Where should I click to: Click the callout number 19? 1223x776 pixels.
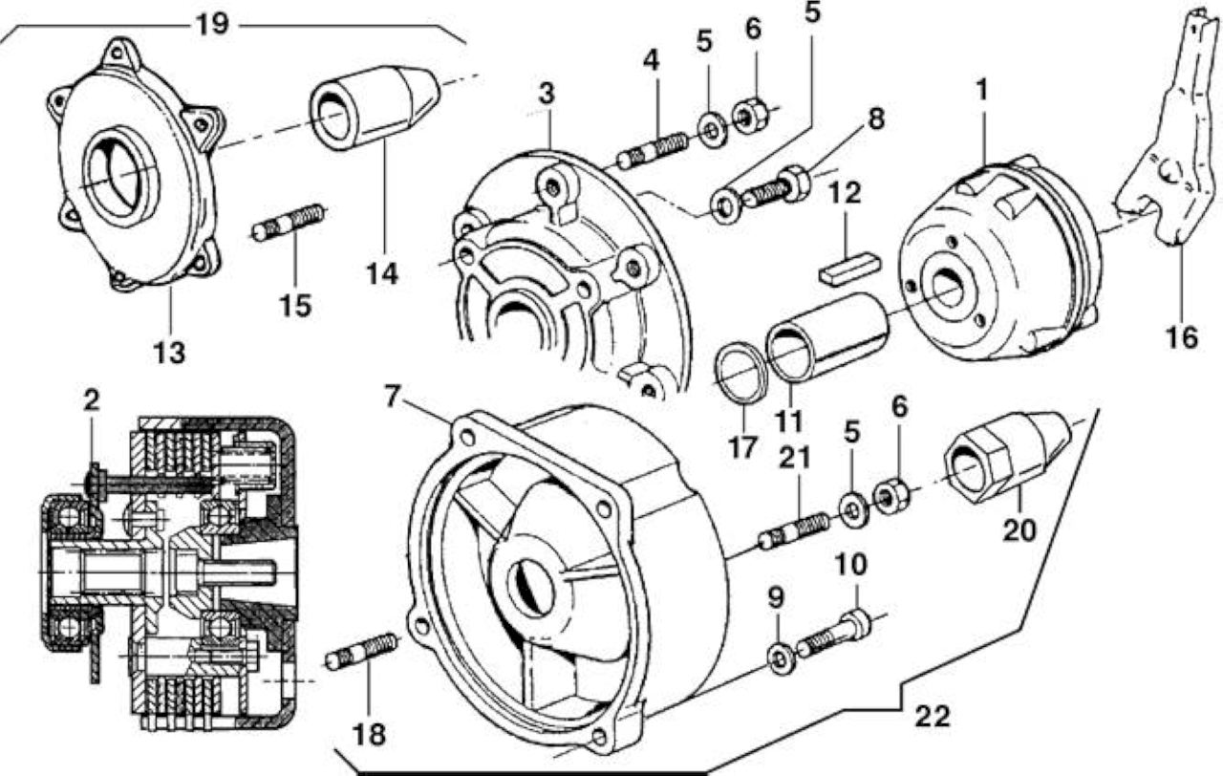[x=212, y=25]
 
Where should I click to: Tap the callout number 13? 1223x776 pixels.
[x=169, y=353]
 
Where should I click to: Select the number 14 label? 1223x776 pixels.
[x=381, y=273]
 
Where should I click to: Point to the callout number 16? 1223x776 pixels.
[x=1182, y=337]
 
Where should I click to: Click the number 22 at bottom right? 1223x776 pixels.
[x=933, y=717]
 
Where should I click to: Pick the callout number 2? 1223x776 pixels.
[x=91, y=400]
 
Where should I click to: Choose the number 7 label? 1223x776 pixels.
[x=392, y=396]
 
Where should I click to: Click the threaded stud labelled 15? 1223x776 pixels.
[x=289, y=223]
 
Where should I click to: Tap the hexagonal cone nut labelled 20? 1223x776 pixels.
[x=1006, y=457]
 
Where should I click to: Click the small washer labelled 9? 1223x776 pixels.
[x=781, y=660]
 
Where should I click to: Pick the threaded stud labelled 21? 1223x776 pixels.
[x=794, y=531]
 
